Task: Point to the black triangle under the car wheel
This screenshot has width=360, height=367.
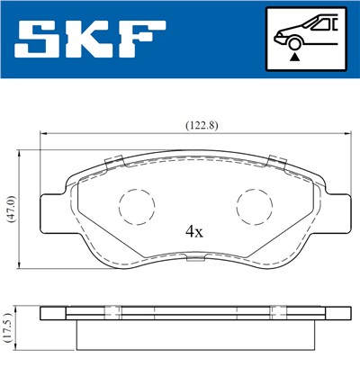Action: click(x=292, y=56)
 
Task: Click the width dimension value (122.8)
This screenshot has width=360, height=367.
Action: click(x=187, y=126)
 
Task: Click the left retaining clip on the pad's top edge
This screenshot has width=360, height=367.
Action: click(x=114, y=162)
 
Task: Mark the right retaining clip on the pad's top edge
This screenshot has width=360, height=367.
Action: click(x=274, y=162)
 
